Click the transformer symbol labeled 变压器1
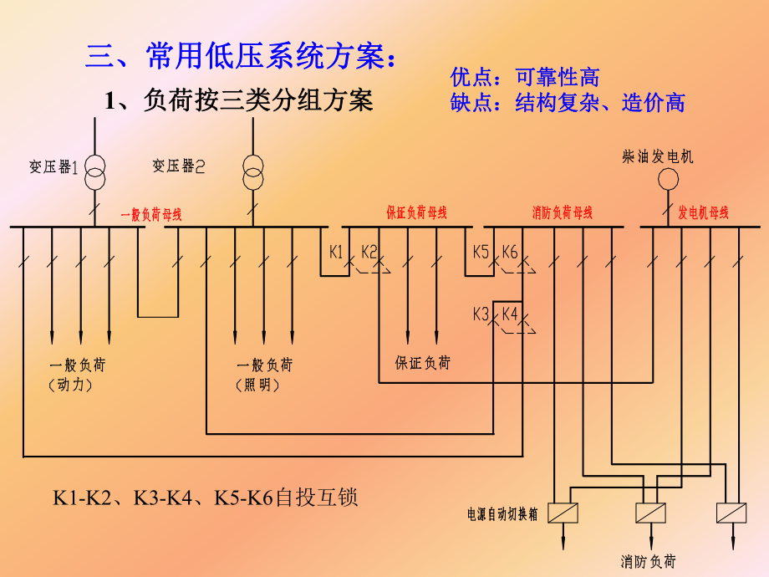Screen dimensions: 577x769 coord(94,169)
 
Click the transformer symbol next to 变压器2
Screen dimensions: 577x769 coord(252,170)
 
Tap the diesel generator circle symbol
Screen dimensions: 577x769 coord(668,179)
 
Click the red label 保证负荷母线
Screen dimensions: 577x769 coord(416,212)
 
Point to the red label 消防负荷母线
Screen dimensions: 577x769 coord(563,212)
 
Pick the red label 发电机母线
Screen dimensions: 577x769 coord(704,212)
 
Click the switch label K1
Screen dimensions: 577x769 coord(337,251)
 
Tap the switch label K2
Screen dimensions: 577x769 coord(369,251)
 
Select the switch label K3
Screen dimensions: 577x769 coord(481,314)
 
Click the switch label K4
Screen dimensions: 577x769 coord(510,314)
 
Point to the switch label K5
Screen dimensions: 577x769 coord(481,251)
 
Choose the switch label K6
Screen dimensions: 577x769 coord(510,251)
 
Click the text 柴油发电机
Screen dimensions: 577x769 coord(658,156)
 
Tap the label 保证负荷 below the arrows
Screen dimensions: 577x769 coord(422,363)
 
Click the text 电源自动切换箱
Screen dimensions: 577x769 coord(502,512)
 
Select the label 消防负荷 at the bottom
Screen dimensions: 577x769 coord(648,561)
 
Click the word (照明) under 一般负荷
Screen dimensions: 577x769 coord(258,385)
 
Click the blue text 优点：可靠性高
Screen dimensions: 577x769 coord(525,78)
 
